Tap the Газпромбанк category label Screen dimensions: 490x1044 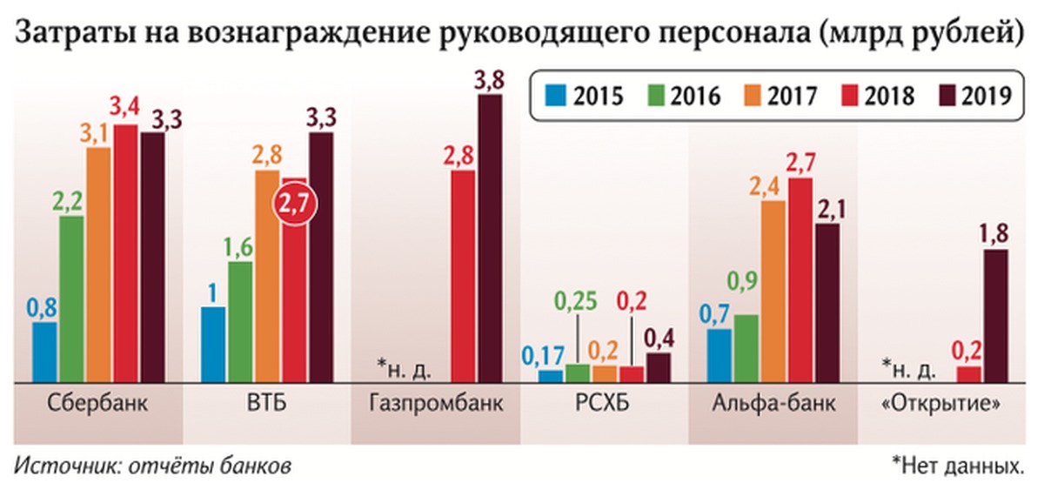click(x=435, y=406)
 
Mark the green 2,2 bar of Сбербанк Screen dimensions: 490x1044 click(x=71, y=299)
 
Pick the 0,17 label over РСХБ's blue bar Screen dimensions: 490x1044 click(x=544, y=354)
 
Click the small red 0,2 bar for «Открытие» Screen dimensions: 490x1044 click(x=968, y=373)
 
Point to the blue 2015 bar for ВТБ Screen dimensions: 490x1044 click(x=213, y=344)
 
